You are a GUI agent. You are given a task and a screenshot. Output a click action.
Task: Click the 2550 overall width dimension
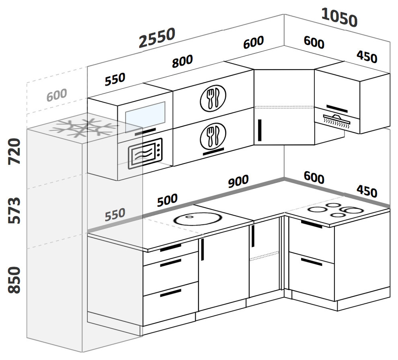coord(157,37)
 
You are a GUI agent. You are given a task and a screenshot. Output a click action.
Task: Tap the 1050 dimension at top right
coord(339,17)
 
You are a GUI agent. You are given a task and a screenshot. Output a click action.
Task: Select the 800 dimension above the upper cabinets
coord(182,61)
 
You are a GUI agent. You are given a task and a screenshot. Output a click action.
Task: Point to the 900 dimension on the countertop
coord(238,181)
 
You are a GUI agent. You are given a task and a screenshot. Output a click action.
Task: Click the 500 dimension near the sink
coord(167,200)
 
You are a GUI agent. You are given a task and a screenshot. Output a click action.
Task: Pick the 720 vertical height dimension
coord(14,151)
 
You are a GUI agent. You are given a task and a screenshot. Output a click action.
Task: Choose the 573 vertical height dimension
coord(14,211)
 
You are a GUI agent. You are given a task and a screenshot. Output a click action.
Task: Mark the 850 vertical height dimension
coord(14,280)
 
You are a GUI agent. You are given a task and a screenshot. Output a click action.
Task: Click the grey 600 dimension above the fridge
coord(57,95)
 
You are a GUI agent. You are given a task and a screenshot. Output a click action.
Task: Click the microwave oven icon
coord(145,153)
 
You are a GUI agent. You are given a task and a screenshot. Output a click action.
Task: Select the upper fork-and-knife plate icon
coord(213,98)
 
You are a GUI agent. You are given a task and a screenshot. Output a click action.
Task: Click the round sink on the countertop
coord(199,219)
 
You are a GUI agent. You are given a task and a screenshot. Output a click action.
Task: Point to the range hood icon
coord(336,120)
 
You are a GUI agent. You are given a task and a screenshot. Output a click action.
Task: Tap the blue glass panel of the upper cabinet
coord(145,117)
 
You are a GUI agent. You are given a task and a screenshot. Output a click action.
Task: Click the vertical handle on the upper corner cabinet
coord(260,130)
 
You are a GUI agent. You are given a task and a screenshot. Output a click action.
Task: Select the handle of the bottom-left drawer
coord(170,293)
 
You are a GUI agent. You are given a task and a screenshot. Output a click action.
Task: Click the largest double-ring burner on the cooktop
coord(352,210)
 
